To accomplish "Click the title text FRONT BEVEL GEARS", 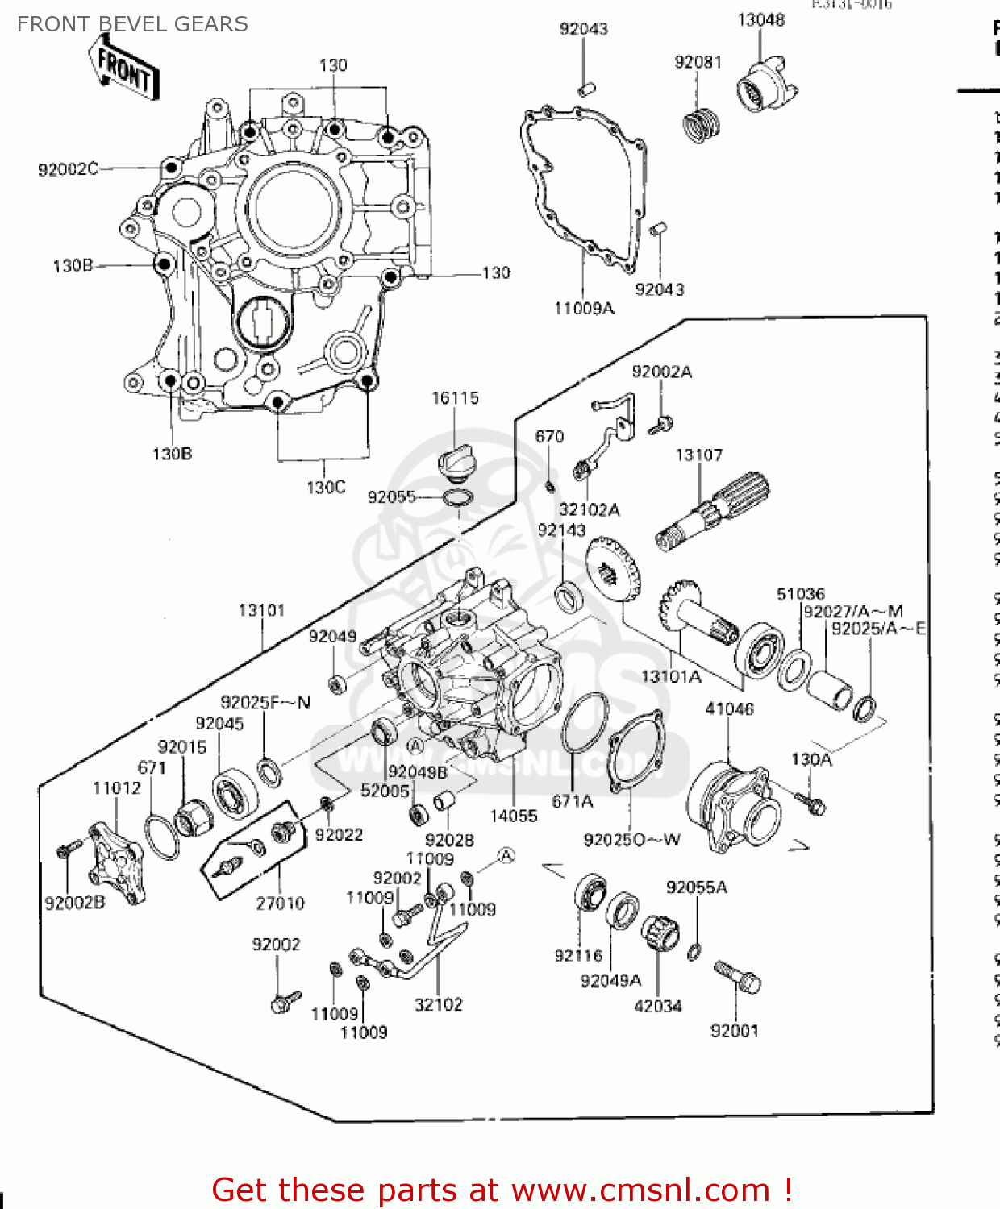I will coord(132,24).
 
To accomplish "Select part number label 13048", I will coord(760,19).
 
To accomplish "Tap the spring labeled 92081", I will coord(701,125).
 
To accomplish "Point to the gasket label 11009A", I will coord(584,308).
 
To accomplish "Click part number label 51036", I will coord(800,594).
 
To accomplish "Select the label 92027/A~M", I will coord(852,611).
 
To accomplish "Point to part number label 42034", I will coord(657,1006).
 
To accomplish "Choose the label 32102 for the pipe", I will coord(438,1004).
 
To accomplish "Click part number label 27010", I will coord(280,904).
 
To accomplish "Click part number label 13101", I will coord(261,610).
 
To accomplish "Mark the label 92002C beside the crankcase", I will coord(68,168).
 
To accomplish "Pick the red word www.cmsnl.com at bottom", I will coord(640,1190).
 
